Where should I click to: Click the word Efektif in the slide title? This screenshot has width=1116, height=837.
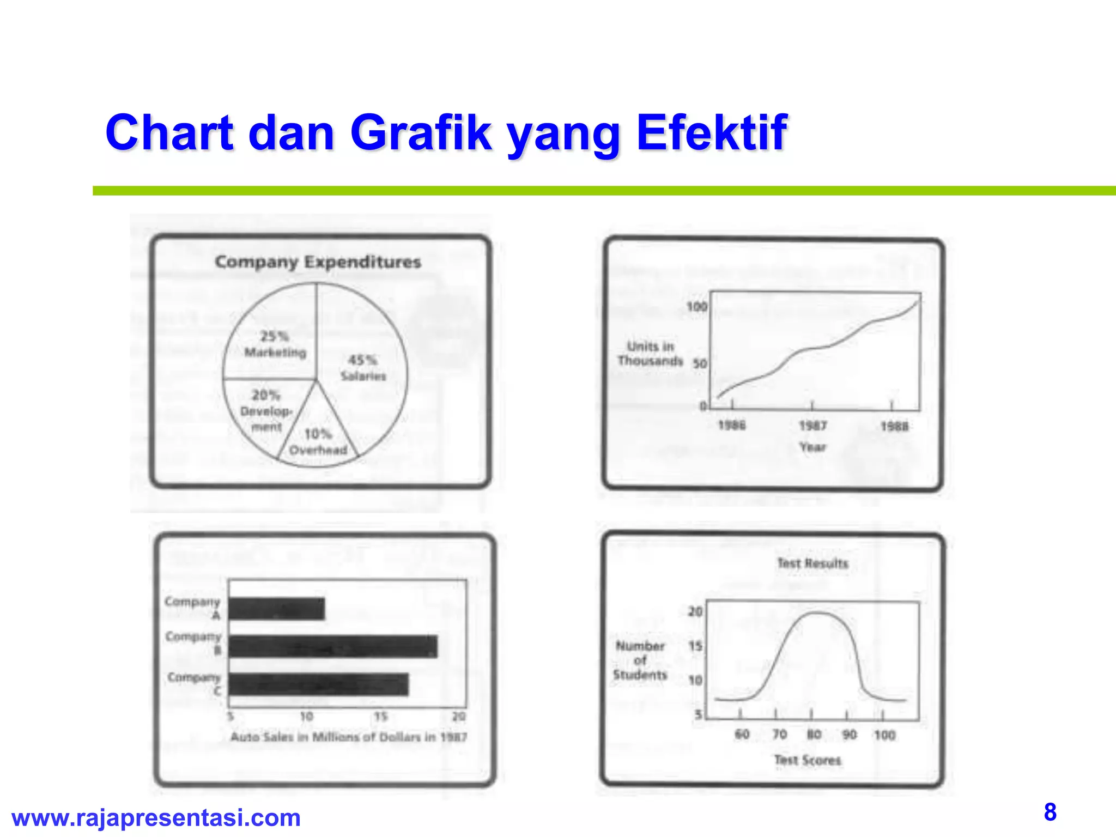[711, 132]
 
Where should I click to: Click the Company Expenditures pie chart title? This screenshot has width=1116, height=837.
[318, 262]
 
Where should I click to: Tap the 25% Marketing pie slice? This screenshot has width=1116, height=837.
[275, 343]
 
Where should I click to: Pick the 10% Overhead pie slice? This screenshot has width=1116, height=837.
[318, 441]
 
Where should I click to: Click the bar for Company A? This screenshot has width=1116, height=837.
[277, 609]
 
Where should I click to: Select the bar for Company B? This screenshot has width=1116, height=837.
[333, 647]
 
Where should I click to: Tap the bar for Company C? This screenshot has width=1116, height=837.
[319, 684]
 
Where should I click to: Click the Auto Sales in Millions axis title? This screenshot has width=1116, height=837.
[349, 737]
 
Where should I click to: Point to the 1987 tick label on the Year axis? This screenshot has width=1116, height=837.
[812, 426]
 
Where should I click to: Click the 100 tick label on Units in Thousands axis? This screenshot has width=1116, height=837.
[696, 307]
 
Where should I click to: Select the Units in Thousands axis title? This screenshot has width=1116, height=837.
[650, 354]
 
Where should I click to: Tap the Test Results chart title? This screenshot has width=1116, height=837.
[812, 563]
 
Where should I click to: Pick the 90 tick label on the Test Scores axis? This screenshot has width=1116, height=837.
[849, 735]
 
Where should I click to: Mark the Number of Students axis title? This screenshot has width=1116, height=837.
[640, 660]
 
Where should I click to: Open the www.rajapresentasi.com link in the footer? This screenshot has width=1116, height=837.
[156, 818]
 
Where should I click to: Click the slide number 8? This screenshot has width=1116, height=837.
[1050, 812]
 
